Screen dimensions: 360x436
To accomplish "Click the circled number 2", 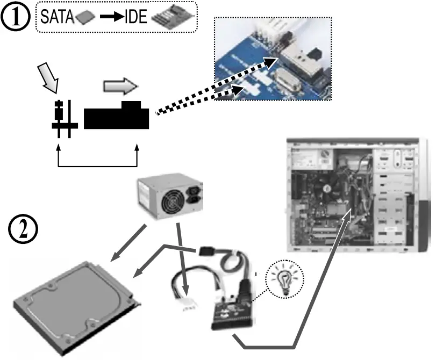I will tap(23, 231).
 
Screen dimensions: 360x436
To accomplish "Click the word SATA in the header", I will tap(58, 18).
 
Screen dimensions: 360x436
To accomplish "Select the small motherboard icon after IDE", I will tap(170, 17).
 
